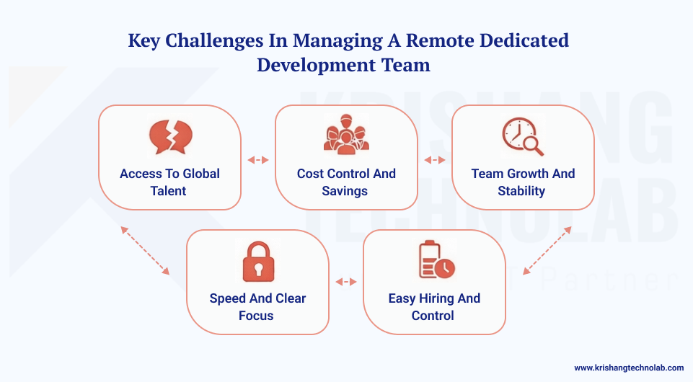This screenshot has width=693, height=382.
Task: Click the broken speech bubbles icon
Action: coord(169,137)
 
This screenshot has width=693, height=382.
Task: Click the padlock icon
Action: coord(257,260)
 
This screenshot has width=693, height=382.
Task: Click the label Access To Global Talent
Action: coord(169,182)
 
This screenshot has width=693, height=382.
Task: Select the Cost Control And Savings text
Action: coord(346,182)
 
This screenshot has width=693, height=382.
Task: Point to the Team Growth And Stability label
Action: coord(523,182)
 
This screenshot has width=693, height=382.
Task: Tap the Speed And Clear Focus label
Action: coord(257,307)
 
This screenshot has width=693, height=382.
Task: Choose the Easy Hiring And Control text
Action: coord(434,307)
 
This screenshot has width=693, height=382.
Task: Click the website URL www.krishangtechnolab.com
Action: coord(629,368)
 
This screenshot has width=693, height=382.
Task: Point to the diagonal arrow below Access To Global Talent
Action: coord(145,250)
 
